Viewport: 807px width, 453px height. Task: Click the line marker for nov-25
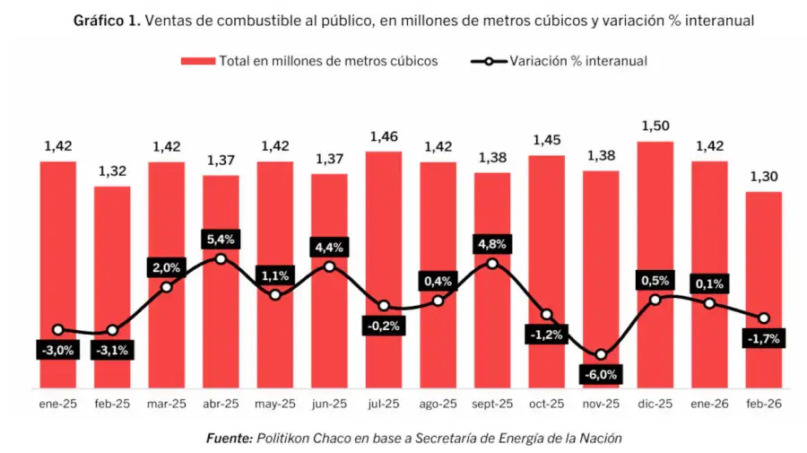coord(601,355)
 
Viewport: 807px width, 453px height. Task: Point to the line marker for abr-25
coord(221,259)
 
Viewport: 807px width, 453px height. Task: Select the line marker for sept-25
coord(492,264)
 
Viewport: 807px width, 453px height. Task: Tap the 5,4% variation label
coord(221,240)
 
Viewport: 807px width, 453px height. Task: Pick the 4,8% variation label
coord(492,244)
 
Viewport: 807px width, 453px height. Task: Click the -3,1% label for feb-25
coord(112,351)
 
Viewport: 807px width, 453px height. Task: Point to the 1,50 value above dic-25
coord(655,126)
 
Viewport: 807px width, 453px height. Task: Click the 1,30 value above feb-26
coord(763,177)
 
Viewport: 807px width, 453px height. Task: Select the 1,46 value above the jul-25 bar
coord(384,136)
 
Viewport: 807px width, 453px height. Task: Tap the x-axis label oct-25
coord(546,405)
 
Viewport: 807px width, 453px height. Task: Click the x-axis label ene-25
coord(58,405)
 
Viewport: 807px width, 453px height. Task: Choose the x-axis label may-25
coord(275,405)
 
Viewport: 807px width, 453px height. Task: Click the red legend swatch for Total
coord(198,61)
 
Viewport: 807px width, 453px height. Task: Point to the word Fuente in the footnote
coord(229,438)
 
